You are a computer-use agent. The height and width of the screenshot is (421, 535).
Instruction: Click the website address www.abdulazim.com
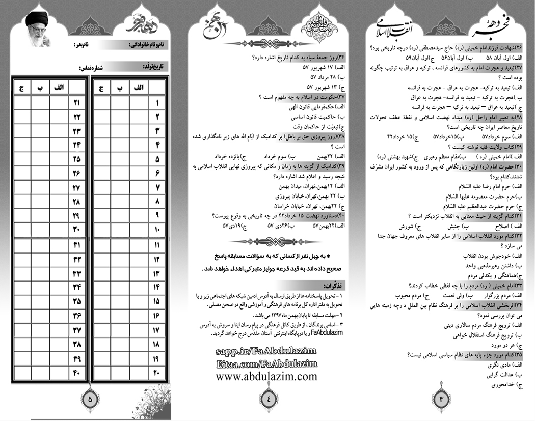pyautogui.click(x=266, y=377)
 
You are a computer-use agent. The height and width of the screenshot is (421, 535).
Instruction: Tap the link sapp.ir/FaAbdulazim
pyautogui.click(x=266, y=351)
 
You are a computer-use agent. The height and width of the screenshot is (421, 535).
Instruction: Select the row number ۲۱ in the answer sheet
pyautogui.click(x=77, y=103)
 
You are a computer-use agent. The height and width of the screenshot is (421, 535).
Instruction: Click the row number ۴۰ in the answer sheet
pyautogui.click(x=77, y=374)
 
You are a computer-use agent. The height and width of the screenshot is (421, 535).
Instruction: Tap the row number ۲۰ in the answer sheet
pyautogui.click(x=156, y=374)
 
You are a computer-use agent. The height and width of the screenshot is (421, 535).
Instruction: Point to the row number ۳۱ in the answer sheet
pyautogui.click(x=77, y=245)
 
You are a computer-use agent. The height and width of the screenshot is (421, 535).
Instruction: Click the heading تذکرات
pyautogui.click(x=334, y=286)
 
